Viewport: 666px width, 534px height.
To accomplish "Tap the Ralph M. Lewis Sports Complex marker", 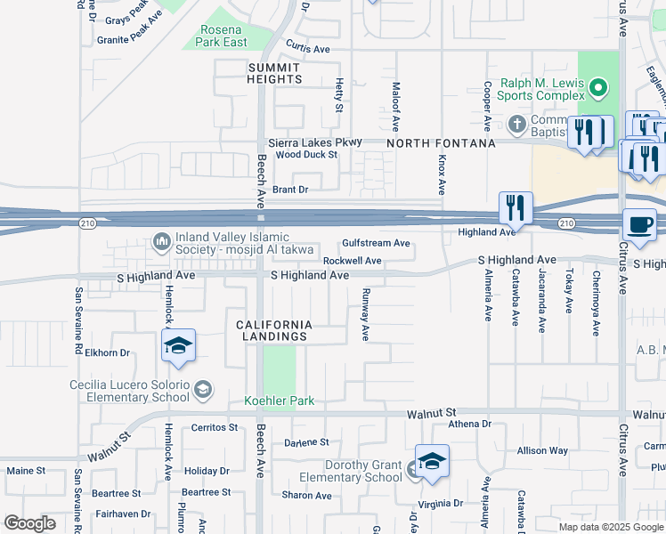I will pos(598,87).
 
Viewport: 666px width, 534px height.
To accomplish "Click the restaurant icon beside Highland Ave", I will pos(516,209).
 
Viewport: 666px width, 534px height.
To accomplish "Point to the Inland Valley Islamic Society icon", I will pos(161,240).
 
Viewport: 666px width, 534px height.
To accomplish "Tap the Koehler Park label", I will pos(280,401).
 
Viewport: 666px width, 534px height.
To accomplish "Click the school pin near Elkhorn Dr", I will pos(178,346).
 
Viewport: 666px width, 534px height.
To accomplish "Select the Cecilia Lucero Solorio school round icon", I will pos(203,389).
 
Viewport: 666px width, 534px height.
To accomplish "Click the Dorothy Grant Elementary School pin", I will pos(432,462).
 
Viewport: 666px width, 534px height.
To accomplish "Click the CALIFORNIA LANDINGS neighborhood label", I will pos(273,330).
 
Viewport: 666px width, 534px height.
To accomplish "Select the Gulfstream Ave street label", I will pos(377,243).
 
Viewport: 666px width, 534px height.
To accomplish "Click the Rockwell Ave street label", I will pos(352,261).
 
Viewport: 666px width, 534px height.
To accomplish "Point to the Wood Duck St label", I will pos(306,155).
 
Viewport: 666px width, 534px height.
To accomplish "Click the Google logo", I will pos(29,523).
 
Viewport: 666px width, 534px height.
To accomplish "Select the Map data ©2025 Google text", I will pos(610,526).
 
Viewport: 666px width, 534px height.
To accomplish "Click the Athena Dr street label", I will pos(469,424).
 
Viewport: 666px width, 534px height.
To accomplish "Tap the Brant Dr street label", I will pos(290,190).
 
